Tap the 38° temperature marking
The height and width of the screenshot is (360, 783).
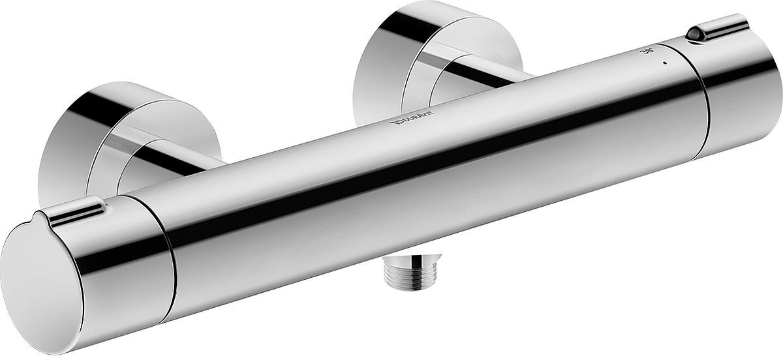point(649,51)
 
